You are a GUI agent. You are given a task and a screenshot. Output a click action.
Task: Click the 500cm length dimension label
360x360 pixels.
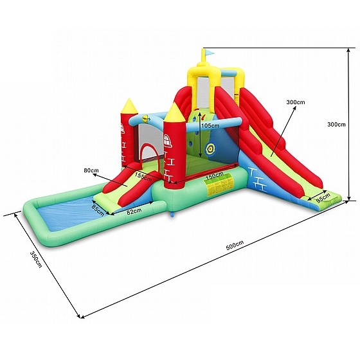click(x=235, y=245)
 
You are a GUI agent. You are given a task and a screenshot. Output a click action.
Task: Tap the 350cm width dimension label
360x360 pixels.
click(x=36, y=259)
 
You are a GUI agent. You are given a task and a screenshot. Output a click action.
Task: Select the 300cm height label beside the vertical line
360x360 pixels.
click(x=336, y=124)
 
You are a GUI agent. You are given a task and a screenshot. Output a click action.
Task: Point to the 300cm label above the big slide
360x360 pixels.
click(x=296, y=102)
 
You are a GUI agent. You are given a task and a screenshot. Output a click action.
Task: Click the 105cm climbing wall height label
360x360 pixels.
click(x=210, y=125)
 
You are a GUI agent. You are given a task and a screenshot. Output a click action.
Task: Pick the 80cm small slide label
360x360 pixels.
click(x=91, y=170)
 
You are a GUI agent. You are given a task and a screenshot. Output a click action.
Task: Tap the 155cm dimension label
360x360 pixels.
click(x=143, y=176)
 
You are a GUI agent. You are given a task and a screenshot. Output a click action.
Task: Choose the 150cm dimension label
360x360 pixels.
click(x=215, y=176)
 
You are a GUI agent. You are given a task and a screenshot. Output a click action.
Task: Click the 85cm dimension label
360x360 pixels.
click(x=98, y=210)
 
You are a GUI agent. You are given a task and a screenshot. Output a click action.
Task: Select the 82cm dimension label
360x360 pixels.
click(x=134, y=211)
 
